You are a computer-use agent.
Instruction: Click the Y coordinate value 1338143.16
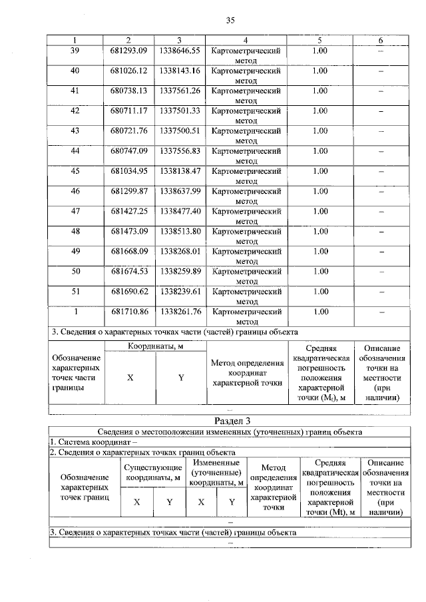tap(180, 71)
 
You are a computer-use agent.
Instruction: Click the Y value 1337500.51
tap(180, 131)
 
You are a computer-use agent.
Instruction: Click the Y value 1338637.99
tap(180, 190)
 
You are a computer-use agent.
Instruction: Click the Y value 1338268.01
tap(180, 251)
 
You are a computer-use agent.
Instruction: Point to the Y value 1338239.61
tap(180, 291)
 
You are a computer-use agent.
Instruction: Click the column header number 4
tap(246, 41)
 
